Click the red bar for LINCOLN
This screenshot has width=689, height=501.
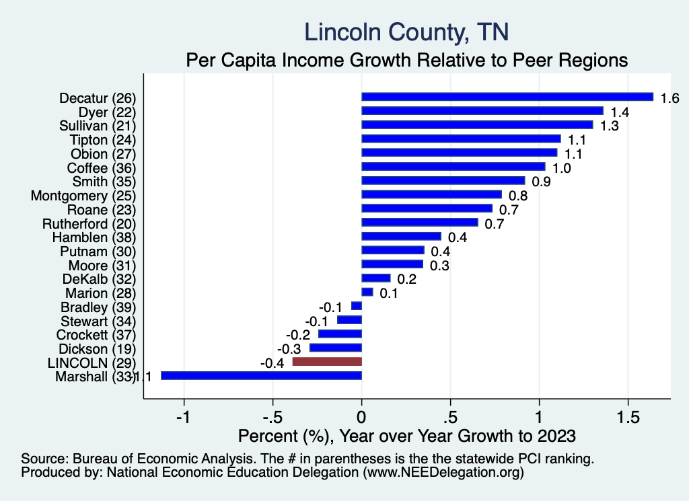pyautogui.click(x=327, y=362)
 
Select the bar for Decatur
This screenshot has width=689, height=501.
pyautogui.click(x=507, y=97)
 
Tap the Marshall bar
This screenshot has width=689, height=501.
pyautogui.click(x=261, y=376)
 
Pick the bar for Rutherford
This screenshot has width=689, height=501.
pyautogui.click(x=420, y=223)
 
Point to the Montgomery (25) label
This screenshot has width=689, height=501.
pyautogui.click(x=83, y=196)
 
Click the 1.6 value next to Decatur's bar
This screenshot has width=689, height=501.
pyautogui.click(x=669, y=98)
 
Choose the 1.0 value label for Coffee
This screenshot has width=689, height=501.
pyautogui.click(x=561, y=167)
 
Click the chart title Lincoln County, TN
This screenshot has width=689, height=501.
pyautogui.click(x=406, y=32)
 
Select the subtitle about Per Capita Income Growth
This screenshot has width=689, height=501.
pyautogui.click(x=406, y=61)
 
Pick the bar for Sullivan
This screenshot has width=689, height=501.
pyautogui.click(x=477, y=125)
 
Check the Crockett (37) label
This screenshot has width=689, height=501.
pyautogui.click(x=97, y=335)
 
